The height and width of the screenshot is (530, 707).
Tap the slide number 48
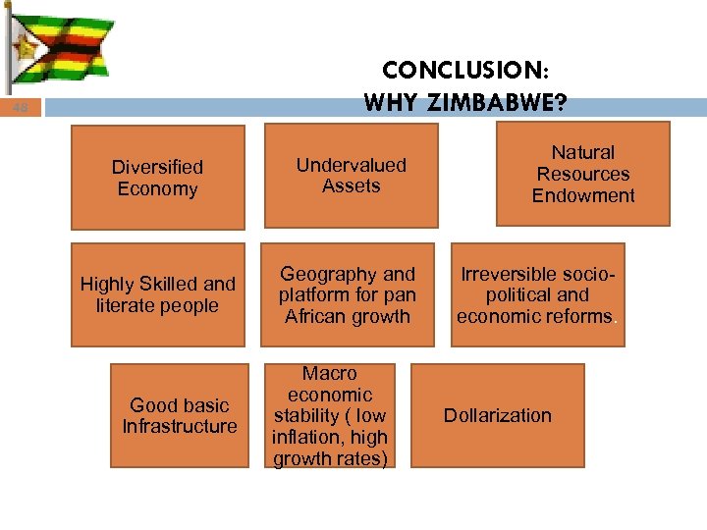click(21, 109)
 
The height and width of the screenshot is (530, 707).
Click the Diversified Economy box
click(157, 178)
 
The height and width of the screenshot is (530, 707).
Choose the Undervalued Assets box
click(351, 176)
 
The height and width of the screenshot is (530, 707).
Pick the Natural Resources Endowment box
click(583, 174)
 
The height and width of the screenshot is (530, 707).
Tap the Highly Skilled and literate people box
click(157, 294)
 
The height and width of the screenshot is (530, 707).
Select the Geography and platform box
click(347, 294)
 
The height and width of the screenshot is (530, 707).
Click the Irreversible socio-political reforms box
click(537, 294)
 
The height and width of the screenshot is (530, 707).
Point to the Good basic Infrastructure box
click(180, 415)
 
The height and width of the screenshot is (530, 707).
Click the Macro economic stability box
click(330, 416)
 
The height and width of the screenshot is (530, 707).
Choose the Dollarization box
click(497, 415)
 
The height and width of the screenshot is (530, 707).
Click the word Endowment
click(583, 195)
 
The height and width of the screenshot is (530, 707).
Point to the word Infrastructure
click(180, 426)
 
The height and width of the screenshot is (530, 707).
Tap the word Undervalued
click(351, 165)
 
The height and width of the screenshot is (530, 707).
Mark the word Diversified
click(157, 167)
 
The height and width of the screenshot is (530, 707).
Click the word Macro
click(330, 374)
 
